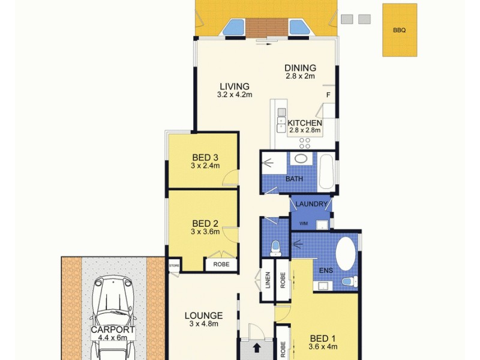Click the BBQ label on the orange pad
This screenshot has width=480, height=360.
click(399, 29)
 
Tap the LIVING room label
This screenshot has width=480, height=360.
click(234, 86)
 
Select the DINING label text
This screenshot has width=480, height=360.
click(300, 68)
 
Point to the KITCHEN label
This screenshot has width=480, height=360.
click(305, 123)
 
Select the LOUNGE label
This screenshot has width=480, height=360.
click(203, 316)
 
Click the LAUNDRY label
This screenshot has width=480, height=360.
click(311, 205)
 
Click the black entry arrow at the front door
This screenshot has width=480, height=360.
click(257, 347)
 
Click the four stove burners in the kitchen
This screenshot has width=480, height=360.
click(305, 143)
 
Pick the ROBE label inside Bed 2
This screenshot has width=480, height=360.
click(215, 264)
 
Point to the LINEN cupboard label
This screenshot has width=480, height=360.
click(268, 281)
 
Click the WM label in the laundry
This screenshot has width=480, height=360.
click(304, 224)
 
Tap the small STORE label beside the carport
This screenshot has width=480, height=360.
click(174, 264)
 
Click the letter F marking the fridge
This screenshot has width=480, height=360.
click(328, 95)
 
